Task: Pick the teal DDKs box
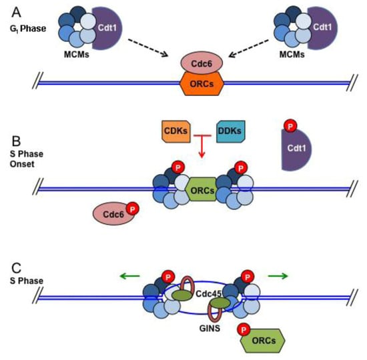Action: pos(232,131)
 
